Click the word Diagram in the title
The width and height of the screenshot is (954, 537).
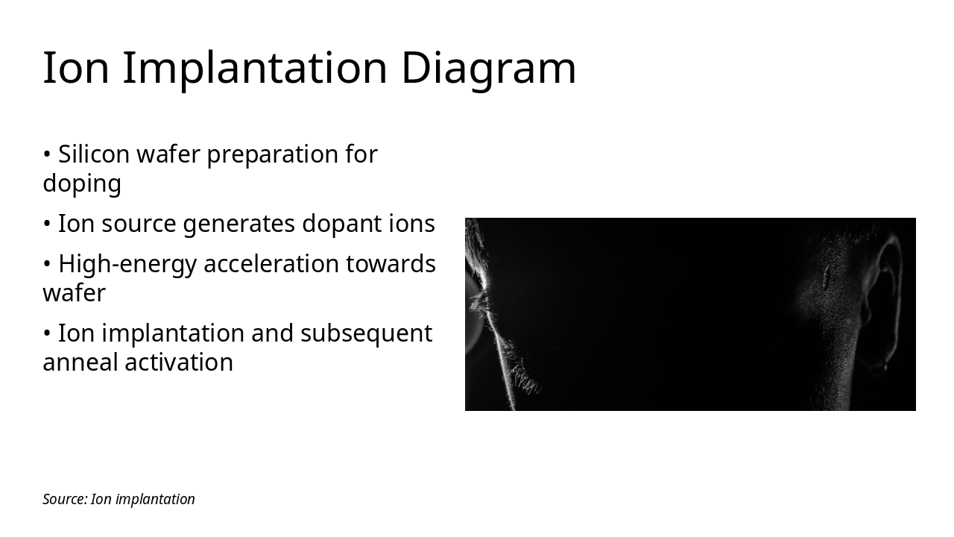[488, 69]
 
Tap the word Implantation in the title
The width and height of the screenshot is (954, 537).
[255, 69]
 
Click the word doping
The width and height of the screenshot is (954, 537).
[82, 183]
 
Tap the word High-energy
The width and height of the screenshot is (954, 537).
[127, 264]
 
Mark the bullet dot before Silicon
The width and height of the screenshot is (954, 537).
[47, 155]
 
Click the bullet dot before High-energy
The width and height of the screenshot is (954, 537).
[47, 265]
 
